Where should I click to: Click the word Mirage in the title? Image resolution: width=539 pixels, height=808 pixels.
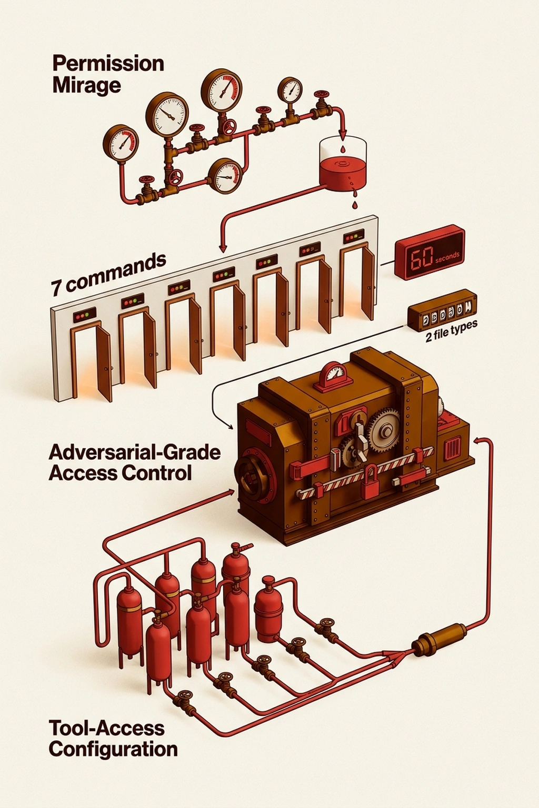(x=86, y=85)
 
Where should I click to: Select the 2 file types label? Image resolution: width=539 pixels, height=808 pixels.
(x=451, y=331)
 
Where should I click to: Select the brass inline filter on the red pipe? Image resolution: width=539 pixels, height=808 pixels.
(x=438, y=639)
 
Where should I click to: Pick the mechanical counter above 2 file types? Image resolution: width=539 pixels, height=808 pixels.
(x=442, y=309)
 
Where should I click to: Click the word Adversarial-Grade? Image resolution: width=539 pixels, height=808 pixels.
(x=135, y=452)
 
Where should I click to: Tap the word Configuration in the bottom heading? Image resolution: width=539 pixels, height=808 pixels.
(x=113, y=749)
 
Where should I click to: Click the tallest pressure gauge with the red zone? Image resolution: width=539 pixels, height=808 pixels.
(x=222, y=90)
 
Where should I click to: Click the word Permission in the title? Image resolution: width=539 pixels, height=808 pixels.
(x=108, y=64)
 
